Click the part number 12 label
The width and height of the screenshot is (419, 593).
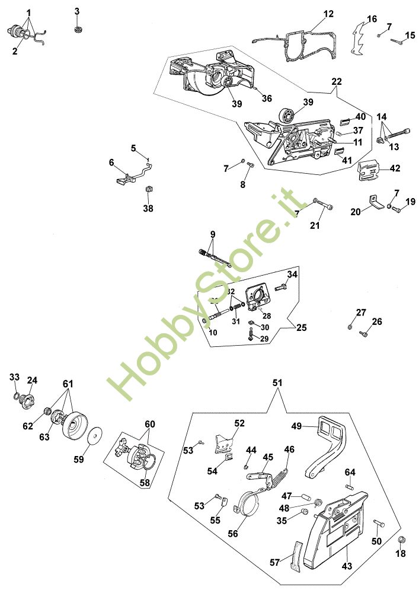328,13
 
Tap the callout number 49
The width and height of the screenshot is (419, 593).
297,426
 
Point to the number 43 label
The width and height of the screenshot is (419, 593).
347,566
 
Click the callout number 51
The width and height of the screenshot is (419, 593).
277,384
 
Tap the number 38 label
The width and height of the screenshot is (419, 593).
148,208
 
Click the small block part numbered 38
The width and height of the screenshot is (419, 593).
149,189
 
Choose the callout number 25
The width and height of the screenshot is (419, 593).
302,327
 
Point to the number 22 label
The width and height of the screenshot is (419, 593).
337,81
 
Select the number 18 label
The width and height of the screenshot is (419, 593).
401,553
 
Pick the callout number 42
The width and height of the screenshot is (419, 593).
394,168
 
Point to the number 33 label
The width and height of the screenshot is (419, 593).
14,377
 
